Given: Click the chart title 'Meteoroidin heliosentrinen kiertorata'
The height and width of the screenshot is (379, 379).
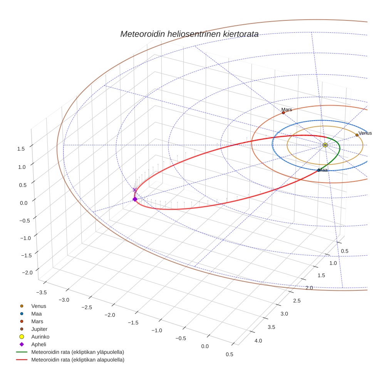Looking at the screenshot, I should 189,34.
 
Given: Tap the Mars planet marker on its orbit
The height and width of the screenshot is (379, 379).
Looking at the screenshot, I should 283,113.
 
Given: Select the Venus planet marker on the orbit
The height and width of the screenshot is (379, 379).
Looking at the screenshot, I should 357,135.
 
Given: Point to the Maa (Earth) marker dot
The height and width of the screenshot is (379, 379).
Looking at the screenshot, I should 318,170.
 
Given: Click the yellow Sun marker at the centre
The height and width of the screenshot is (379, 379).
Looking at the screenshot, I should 325,145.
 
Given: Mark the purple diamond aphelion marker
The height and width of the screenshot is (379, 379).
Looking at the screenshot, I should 135,199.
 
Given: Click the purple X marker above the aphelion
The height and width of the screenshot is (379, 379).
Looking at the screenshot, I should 134,189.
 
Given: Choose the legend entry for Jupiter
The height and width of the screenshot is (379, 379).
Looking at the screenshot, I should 39,329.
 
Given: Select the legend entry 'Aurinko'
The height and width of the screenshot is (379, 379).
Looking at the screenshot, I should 40,337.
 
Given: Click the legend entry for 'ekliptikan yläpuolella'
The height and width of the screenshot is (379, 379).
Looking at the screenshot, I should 77,352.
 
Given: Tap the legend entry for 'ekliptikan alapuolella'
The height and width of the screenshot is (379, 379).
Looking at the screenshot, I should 77,360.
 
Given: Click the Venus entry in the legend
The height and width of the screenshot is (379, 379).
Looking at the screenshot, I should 39,306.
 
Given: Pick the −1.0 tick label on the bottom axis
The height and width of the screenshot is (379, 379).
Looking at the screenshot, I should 156,330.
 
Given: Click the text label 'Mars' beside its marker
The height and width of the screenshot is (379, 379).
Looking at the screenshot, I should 287,110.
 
